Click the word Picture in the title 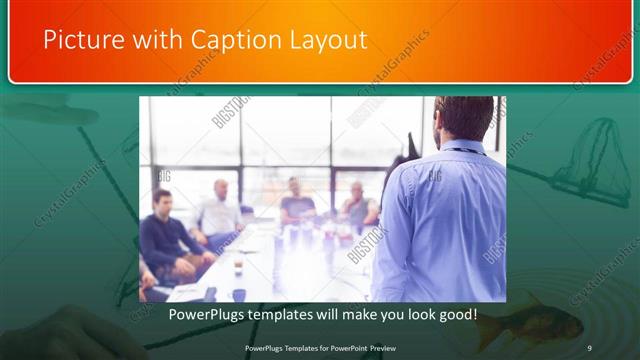point(78,40)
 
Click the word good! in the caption point(457,314)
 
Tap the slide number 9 point(590,347)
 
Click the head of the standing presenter point(463,118)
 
